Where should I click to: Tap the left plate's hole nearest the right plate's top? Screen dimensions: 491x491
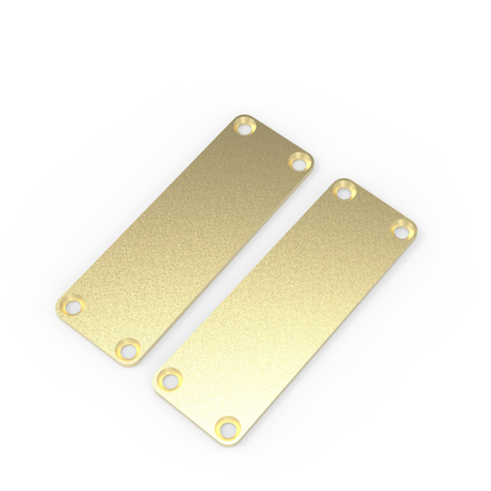[x=298, y=162]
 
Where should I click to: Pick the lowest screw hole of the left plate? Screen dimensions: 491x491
[x=127, y=351]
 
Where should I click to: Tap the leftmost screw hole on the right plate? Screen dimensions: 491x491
[x=170, y=379]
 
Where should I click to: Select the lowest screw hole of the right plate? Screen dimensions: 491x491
[x=227, y=426]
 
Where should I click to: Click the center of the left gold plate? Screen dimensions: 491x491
[x=186, y=238]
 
